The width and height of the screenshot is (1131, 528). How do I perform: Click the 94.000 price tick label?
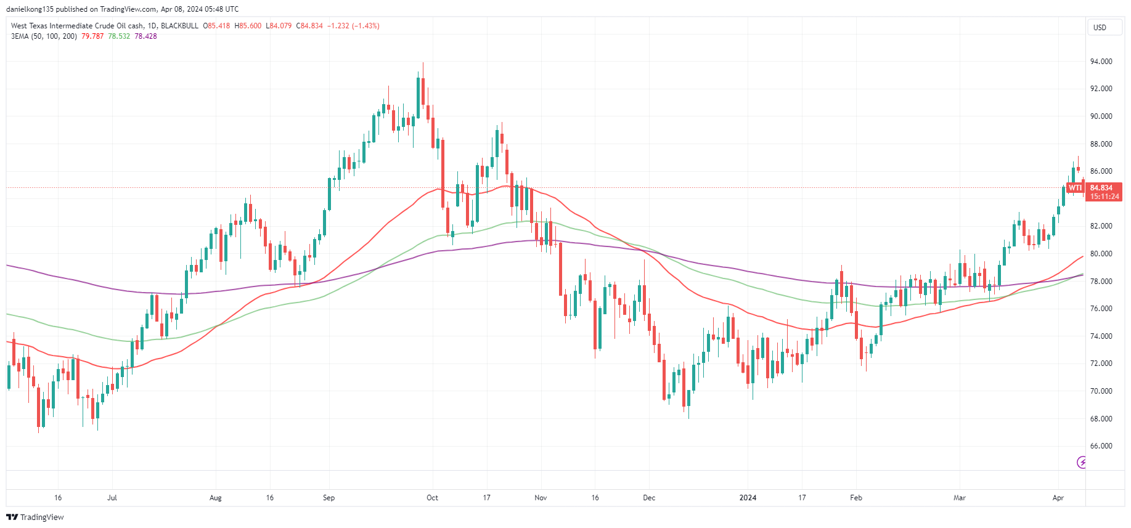(1101, 62)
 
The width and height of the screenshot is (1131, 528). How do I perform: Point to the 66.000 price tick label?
(1101, 446)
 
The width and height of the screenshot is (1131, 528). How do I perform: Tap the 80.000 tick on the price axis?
(1101, 254)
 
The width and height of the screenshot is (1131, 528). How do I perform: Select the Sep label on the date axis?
(329, 498)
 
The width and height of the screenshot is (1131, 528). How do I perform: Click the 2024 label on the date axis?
(748, 498)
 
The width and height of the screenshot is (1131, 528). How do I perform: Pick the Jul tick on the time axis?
(112, 498)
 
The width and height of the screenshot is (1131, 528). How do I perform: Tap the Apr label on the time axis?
(1058, 498)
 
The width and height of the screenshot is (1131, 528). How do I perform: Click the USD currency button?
(1100, 28)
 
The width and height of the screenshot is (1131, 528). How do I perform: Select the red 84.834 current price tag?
(1101, 188)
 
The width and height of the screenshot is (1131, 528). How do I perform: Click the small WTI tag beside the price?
(1075, 188)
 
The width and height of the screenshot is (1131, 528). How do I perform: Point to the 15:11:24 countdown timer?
(1104, 197)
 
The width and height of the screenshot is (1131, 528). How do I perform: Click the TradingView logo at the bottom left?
(35, 517)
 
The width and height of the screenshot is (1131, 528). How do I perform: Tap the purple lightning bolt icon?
(1081, 462)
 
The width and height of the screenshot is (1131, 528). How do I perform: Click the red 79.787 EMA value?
(92, 36)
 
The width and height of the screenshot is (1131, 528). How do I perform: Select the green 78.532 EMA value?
(119, 36)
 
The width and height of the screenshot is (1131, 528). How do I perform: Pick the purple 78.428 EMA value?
(145, 36)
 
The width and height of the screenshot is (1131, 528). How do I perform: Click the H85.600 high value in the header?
(248, 26)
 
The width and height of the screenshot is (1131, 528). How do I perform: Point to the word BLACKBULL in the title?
(179, 26)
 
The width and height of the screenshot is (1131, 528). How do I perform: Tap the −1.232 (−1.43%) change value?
(353, 26)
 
